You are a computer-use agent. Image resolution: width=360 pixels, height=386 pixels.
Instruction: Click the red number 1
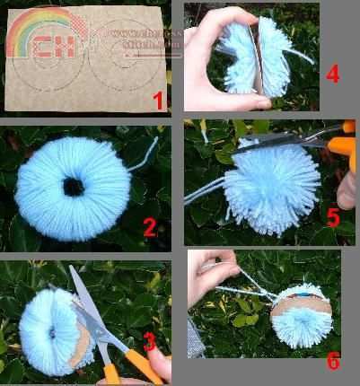point(159,101)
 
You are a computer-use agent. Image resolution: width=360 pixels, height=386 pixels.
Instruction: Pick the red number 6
point(333,361)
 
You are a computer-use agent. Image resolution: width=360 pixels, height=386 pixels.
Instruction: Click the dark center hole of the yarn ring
point(73,187)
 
